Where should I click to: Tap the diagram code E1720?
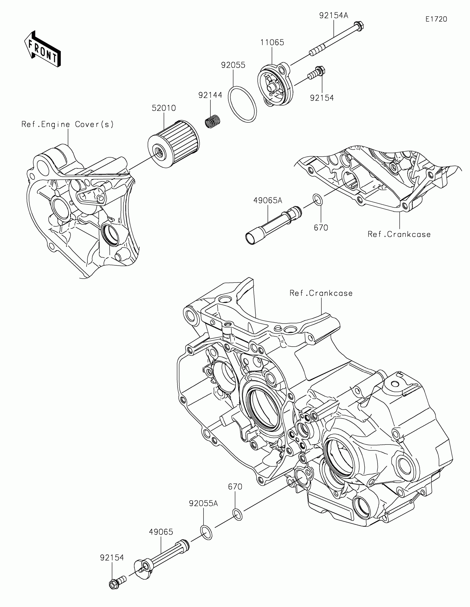tap(436, 19)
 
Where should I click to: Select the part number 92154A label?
tap(333, 15)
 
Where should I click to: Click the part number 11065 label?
tap(272, 43)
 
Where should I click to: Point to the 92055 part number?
tap(233, 65)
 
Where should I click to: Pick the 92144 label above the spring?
tap(210, 95)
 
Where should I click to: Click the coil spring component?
tap(213, 121)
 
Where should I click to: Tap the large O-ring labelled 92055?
tap(242, 104)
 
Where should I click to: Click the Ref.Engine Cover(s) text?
tap(67, 124)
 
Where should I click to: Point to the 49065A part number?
tap(268, 200)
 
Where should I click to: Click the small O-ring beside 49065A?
tap(318, 200)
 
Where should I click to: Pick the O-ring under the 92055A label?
tap(206, 533)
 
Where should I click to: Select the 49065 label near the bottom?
tap(161, 532)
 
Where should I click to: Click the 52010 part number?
tap(164, 108)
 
